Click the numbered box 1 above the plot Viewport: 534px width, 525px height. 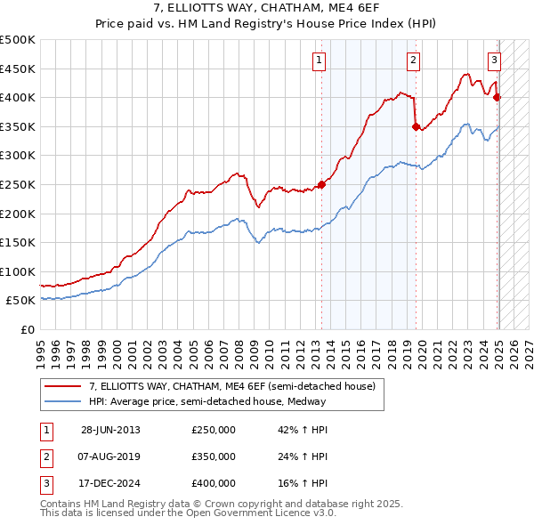pyautogui.click(x=319, y=61)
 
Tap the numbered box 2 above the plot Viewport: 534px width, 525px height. pyautogui.click(x=414, y=61)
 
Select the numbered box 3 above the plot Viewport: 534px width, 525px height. pyautogui.click(x=494, y=61)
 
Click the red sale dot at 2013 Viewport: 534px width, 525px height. pyautogui.click(x=321, y=184)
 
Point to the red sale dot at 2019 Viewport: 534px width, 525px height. pyautogui.click(x=416, y=126)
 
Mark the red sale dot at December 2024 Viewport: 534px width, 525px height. pyautogui.click(x=498, y=98)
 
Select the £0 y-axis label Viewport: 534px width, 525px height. pyautogui.click(x=27, y=329)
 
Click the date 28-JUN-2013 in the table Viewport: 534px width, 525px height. pyautogui.click(x=110, y=431)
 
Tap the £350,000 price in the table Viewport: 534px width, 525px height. pyautogui.click(x=214, y=456)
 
